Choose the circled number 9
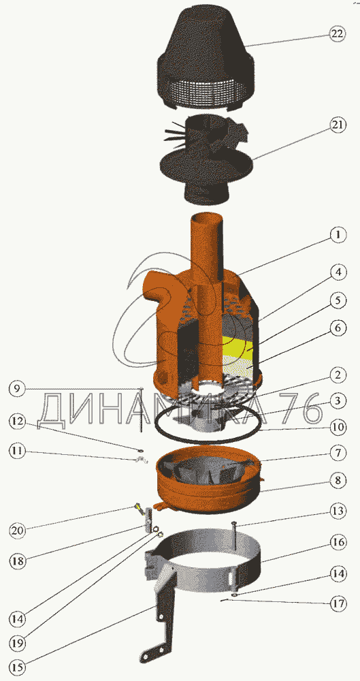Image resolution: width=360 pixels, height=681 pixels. click(16, 389)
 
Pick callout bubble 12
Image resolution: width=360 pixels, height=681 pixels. click(16, 422)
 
